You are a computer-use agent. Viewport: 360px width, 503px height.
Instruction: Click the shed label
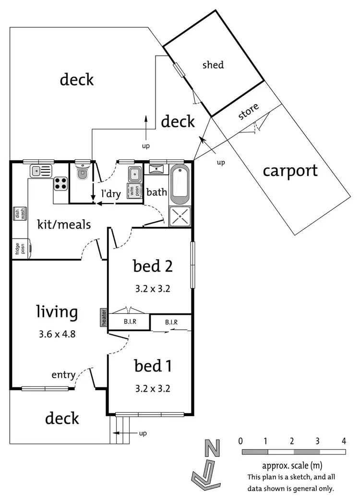(x=213, y=64)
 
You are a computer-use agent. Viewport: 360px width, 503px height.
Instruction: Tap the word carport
(x=291, y=170)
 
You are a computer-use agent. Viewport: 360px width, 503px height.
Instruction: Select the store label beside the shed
(x=249, y=111)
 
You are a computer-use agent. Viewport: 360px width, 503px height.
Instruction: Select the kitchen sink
(x=40, y=170)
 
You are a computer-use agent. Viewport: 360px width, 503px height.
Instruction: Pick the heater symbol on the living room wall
(x=103, y=318)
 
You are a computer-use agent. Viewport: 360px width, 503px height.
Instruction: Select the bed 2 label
(x=153, y=265)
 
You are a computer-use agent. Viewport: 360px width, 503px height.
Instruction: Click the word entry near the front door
(x=64, y=374)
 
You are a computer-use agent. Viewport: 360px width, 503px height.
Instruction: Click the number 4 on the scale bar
(x=344, y=441)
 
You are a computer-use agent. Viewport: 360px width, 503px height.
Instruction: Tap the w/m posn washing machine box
(x=134, y=190)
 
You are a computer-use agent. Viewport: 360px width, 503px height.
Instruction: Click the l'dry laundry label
(x=110, y=194)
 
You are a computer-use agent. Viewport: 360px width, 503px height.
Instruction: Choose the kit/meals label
(x=64, y=224)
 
